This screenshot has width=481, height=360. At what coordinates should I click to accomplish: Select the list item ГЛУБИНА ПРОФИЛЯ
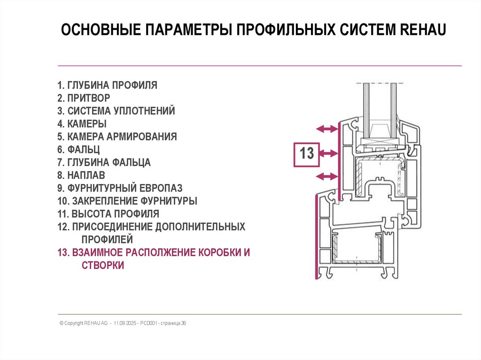point(107,85)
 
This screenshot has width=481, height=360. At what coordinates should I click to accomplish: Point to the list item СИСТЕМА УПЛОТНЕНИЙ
point(116,111)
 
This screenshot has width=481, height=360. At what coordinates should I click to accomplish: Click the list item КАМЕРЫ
point(82,124)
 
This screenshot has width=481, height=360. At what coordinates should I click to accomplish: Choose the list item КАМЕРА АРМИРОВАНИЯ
point(117,137)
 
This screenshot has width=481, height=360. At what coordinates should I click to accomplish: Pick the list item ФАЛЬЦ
point(78,150)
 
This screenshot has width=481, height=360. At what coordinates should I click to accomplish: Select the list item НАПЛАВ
point(81,176)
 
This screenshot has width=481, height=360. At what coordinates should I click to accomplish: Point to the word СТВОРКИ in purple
point(96,265)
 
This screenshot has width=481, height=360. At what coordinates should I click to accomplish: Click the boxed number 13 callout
point(306,154)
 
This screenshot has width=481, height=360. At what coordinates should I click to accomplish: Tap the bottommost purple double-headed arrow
point(327,176)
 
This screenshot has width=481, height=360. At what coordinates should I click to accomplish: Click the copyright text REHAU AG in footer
point(96,323)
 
